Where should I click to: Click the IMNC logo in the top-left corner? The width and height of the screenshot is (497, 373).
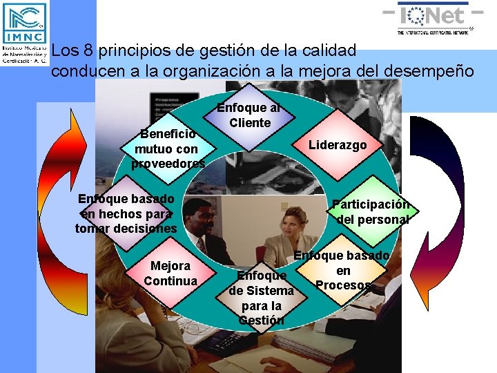point(24,32)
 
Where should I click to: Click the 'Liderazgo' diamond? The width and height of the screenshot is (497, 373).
point(338,145)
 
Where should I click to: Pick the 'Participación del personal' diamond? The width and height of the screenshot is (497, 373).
point(370,212)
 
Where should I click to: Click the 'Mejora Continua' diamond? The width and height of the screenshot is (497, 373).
point(170,274)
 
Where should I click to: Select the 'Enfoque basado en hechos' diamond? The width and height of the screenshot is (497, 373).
point(126,213)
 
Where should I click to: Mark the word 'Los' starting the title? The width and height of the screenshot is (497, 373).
point(66,50)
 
